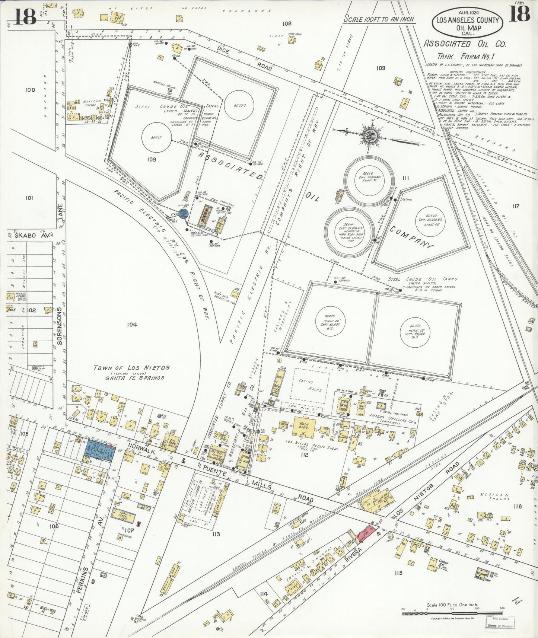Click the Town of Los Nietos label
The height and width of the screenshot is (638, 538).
click(x=131, y=370)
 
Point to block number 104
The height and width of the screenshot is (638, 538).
click(x=132, y=325)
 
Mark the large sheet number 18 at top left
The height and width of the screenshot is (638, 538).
click(x=25, y=16)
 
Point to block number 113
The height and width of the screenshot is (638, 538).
click(x=216, y=534)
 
